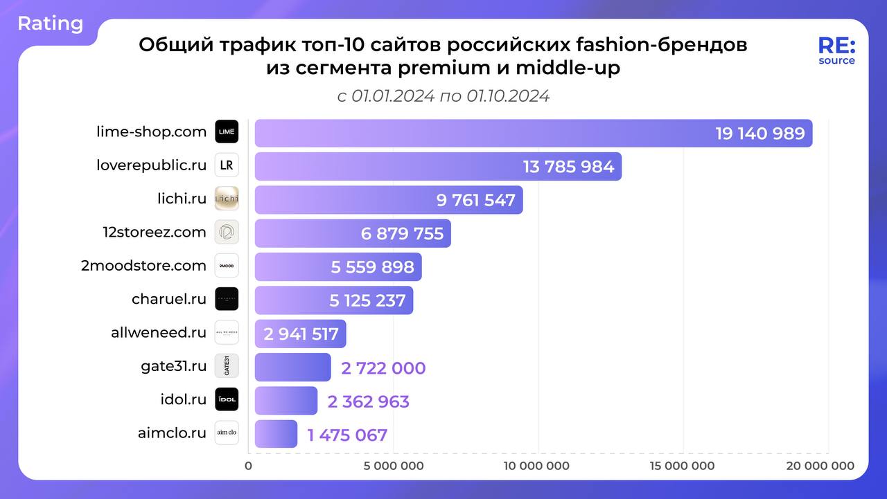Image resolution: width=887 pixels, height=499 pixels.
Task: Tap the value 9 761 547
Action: point(476,200)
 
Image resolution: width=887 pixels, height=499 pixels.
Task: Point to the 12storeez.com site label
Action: point(154,233)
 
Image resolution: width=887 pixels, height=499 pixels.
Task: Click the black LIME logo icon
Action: point(227,131)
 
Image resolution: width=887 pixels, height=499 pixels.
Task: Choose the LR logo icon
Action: point(227,165)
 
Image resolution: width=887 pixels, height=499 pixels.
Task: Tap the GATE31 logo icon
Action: point(227,366)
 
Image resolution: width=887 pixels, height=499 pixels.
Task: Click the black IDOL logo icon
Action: point(227,399)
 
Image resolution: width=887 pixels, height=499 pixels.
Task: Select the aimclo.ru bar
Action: point(276,434)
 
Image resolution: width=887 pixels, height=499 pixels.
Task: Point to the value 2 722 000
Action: point(383,368)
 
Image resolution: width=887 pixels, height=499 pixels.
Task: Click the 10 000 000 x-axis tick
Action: point(536,466)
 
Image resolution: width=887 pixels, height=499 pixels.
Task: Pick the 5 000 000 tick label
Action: point(393,466)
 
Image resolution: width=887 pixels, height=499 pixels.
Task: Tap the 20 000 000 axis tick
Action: point(820,466)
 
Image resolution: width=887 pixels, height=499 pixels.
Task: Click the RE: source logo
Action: point(836,51)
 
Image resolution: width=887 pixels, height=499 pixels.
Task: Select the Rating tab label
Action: point(50,24)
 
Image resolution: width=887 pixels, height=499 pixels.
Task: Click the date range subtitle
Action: point(443,96)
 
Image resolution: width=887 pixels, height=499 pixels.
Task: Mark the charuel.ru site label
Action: point(169,299)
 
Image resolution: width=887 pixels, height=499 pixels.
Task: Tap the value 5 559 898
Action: point(372,267)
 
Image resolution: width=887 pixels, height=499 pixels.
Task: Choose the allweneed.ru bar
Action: point(300,334)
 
